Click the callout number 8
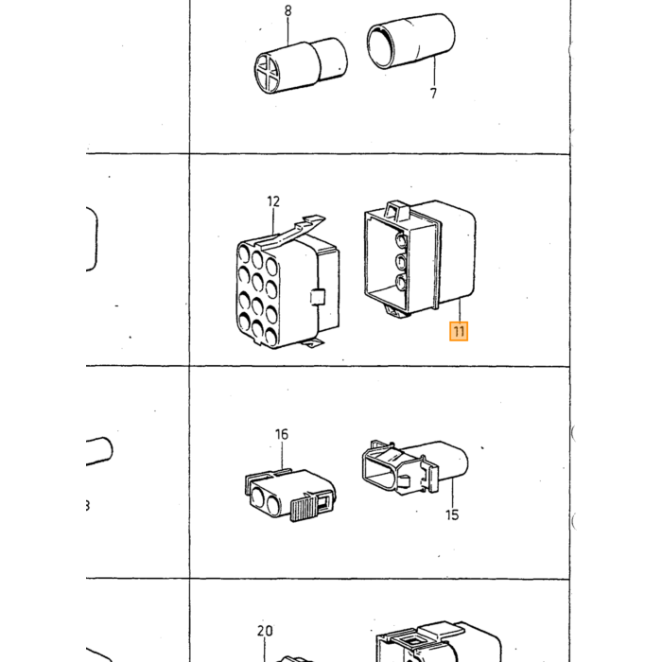[287, 11]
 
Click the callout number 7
[433, 94]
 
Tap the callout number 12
[273, 201]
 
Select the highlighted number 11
[459, 331]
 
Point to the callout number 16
[282, 434]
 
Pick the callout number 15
[452, 514]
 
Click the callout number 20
[265, 631]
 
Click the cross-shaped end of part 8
[267, 73]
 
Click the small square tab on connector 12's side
[318, 297]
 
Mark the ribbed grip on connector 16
[304, 509]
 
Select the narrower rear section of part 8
[333, 59]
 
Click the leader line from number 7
[434, 71]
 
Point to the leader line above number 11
[461, 309]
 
